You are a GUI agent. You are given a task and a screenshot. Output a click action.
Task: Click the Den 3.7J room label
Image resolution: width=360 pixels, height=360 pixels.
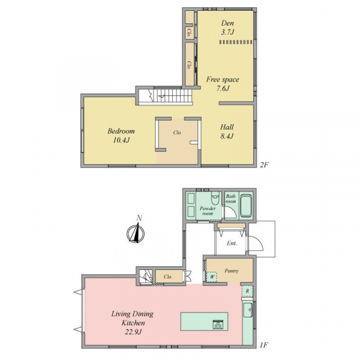coord(227,28)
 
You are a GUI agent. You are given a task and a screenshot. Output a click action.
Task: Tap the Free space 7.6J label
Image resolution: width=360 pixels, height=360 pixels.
coord(223,83)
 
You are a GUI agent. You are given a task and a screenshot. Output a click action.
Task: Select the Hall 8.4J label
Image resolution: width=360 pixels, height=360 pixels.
coord(227,131)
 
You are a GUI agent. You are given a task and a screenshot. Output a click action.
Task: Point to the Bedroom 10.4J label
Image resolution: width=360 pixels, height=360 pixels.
coord(121,136)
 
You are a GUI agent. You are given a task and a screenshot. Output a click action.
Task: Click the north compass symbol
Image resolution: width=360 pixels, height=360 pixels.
coord(136,231)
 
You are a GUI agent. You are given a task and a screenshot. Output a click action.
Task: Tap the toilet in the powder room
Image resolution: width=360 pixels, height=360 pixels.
coord(215,199)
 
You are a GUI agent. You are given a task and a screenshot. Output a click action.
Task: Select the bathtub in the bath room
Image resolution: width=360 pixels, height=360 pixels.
coord(245,206)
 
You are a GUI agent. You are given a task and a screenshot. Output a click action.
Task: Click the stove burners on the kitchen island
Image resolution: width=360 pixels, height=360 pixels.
coord(218,325)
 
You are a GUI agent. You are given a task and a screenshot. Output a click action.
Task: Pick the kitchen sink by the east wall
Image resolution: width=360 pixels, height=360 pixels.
coord(248,310)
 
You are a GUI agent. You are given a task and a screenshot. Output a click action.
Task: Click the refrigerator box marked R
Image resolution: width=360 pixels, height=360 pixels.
coord(247,291)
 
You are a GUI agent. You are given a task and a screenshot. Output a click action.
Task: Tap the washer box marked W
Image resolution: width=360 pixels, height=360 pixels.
coord(212,277)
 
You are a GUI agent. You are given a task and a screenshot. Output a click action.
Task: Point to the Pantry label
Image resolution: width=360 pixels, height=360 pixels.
coord(232,271)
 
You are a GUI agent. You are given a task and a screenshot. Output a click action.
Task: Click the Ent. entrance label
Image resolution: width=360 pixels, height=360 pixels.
coord(232,244)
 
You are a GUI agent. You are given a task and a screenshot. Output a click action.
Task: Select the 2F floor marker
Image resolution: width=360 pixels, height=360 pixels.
coord(264,164)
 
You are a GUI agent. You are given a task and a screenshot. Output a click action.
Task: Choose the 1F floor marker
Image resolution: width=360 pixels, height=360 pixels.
coord(264,345)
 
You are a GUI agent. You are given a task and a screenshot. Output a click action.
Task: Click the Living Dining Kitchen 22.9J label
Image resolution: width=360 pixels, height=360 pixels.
coord(133,323)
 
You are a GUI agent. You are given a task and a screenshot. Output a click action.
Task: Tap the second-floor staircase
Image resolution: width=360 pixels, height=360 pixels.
coord(166,96)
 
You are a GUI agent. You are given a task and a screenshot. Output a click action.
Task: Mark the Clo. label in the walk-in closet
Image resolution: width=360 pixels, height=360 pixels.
coord(177,133)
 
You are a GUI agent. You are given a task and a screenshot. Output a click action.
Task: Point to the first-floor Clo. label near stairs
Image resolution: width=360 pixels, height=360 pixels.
coord(168,277)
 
